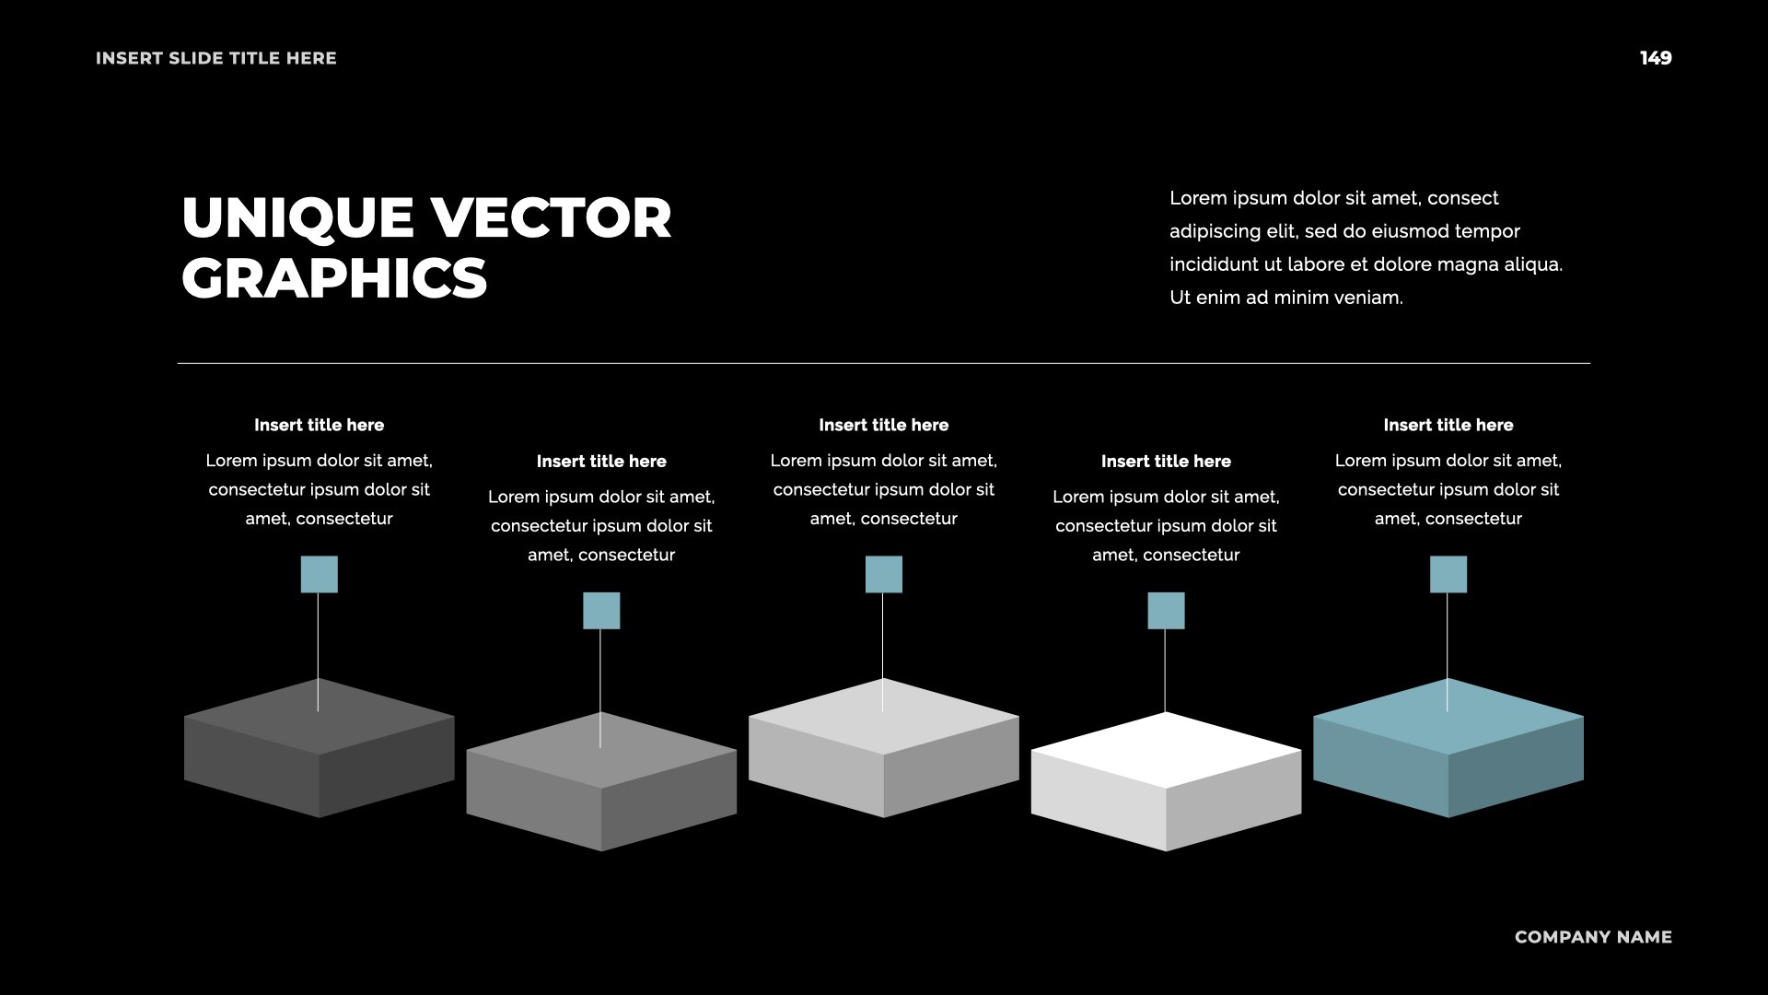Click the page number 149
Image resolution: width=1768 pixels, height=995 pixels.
tap(1655, 58)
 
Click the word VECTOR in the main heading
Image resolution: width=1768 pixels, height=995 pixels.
tap(551, 218)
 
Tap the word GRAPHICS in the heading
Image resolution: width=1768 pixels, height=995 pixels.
tap(334, 278)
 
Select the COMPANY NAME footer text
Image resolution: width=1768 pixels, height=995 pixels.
tap(1592, 937)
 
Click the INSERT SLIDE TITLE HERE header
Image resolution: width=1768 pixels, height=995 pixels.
tap(216, 58)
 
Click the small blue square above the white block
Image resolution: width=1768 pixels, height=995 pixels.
tap(1166, 611)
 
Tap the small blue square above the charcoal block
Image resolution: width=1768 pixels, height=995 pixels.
tap(319, 574)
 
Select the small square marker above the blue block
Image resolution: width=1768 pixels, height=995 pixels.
tap(1448, 574)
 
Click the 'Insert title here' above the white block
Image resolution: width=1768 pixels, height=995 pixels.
tap(1166, 462)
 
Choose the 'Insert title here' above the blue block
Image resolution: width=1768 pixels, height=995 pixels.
tap(1448, 425)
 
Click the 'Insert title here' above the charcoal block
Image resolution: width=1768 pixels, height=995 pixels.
tap(319, 425)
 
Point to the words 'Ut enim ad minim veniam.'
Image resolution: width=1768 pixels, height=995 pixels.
tap(1285, 298)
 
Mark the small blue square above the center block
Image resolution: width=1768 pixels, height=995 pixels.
tap(883, 574)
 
